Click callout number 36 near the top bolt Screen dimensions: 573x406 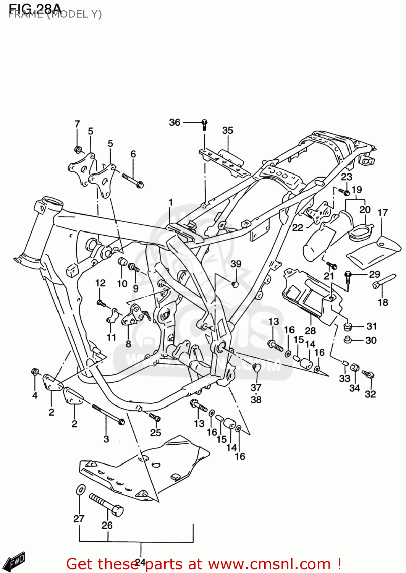175,122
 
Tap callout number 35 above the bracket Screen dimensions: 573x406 228,130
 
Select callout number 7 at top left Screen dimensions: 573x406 77,124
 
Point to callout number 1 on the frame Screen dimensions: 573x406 171,202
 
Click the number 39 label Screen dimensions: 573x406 236,264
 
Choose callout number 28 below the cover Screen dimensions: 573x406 310,330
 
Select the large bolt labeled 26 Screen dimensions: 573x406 106,505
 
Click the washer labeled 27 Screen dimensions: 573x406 81,489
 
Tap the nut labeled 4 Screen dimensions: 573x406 35,371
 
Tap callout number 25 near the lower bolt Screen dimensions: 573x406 155,432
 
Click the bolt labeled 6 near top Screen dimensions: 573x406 133,181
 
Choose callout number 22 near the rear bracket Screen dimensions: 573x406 298,228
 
